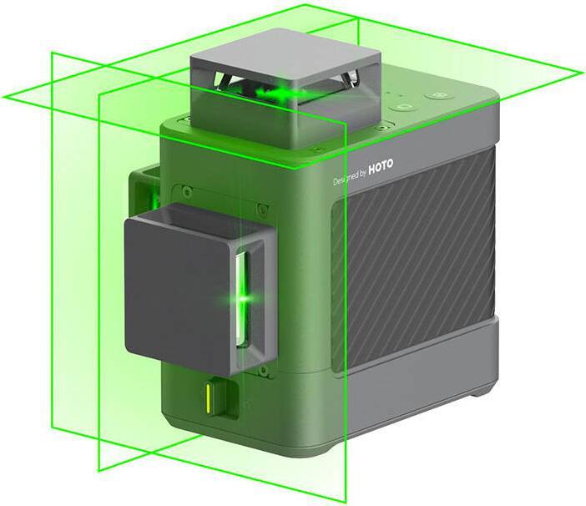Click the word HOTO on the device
(x=381, y=167)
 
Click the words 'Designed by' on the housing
(x=349, y=177)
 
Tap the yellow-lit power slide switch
(x=207, y=398)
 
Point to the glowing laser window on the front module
(x=242, y=299)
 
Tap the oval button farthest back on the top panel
(x=439, y=96)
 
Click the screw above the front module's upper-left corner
(x=184, y=192)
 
